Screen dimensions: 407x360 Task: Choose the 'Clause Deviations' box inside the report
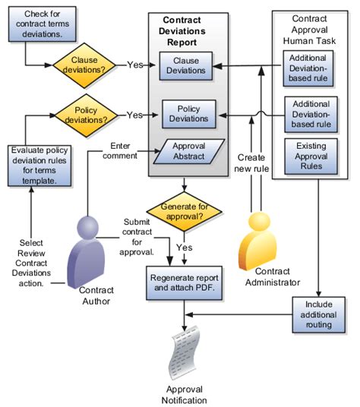point(187,66)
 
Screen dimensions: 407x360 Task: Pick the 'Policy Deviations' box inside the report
point(187,115)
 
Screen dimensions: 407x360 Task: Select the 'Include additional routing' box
point(318,313)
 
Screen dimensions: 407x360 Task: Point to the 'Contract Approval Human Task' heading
point(311,27)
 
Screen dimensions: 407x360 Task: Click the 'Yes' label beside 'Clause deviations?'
point(136,65)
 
